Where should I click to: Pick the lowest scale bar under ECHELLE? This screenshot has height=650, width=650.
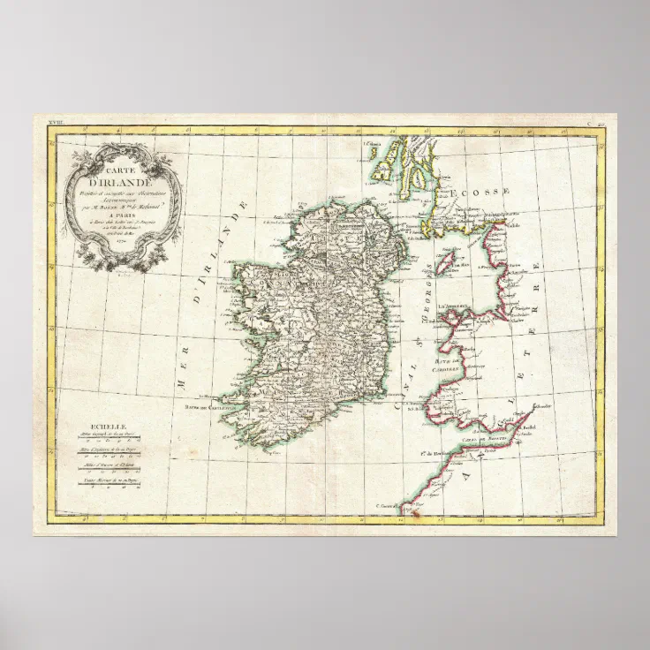click(110, 484)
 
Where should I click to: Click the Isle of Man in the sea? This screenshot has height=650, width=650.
click(448, 261)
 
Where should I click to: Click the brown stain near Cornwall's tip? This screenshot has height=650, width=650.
click(408, 510)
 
